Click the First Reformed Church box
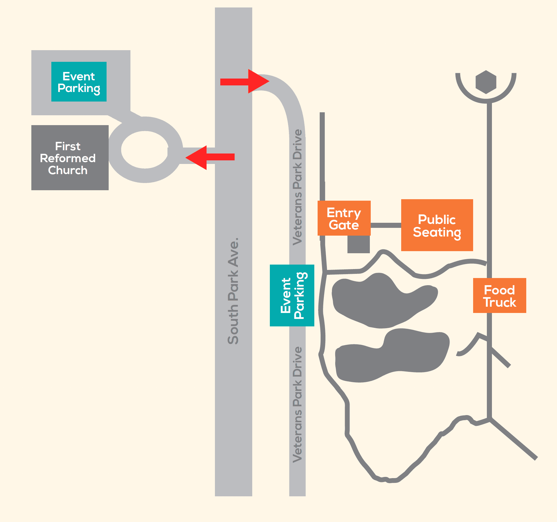[x=70, y=158]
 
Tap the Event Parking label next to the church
[x=79, y=82]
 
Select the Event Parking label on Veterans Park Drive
[x=292, y=295]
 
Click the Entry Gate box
[x=344, y=218]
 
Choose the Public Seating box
[x=437, y=225]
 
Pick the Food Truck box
[x=500, y=295]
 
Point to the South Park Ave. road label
[x=233, y=291]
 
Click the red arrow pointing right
[x=245, y=81]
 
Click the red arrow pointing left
[x=210, y=157]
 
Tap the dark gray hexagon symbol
[x=486, y=82]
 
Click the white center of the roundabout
[x=145, y=150]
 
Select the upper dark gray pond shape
[x=384, y=300]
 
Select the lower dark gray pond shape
[x=392, y=355]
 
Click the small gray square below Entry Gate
[x=358, y=244]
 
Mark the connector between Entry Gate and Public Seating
[x=386, y=225]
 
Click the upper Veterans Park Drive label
[x=298, y=187]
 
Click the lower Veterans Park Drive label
[x=298, y=405]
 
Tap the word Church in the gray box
[x=68, y=170]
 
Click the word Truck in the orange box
[x=500, y=302]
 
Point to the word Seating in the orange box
[x=437, y=233]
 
